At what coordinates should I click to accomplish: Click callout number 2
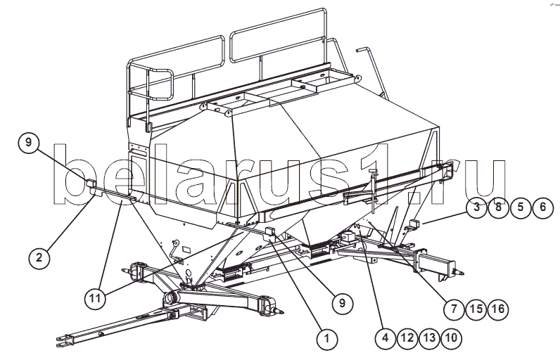click(x=39, y=257)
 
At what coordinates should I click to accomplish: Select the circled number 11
click(x=96, y=298)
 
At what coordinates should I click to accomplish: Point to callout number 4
click(x=386, y=338)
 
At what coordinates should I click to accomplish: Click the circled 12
click(x=407, y=338)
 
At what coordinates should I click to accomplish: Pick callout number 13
click(x=430, y=338)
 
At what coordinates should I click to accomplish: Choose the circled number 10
click(x=452, y=338)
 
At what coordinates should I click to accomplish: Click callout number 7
click(x=454, y=309)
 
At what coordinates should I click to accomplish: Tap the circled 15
click(x=476, y=309)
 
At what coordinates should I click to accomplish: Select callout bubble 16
click(x=499, y=309)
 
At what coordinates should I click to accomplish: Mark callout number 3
click(x=476, y=207)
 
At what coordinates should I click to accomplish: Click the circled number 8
click(x=499, y=207)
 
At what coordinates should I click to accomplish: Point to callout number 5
click(x=521, y=207)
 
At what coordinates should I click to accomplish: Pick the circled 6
click(x=543, y=207)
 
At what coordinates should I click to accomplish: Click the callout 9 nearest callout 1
click(x=343, y=304)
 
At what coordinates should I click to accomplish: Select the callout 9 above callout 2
click(x=29, y=142)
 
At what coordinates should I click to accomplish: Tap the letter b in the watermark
click(x=76, y=175)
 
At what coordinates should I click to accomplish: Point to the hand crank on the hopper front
click(x=176, y=250)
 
